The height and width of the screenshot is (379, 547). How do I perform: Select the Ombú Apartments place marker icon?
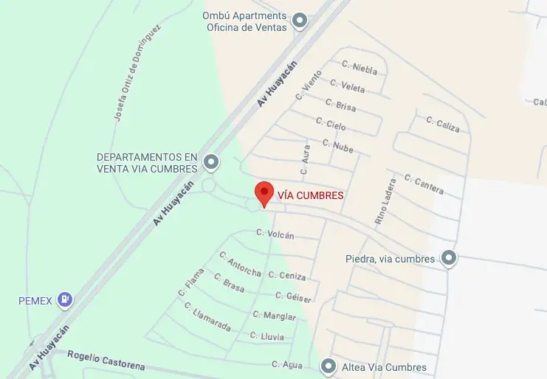(x=299, y=21)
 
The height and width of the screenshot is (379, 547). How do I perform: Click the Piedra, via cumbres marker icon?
(x=448, y=258)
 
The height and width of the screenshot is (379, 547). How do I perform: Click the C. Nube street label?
(x=338, y=145)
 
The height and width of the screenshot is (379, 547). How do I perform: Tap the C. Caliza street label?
(x=443, y=124)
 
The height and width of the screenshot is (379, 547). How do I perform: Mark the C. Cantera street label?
(x=424, y=184)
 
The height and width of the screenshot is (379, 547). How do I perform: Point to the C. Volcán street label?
(x=275, y=234)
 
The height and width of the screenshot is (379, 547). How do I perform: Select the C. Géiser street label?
(x=293, y=296)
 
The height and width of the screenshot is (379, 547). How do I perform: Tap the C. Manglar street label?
(x=274, y=316)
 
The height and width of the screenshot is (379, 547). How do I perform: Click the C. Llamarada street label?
(x=207, y=316)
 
